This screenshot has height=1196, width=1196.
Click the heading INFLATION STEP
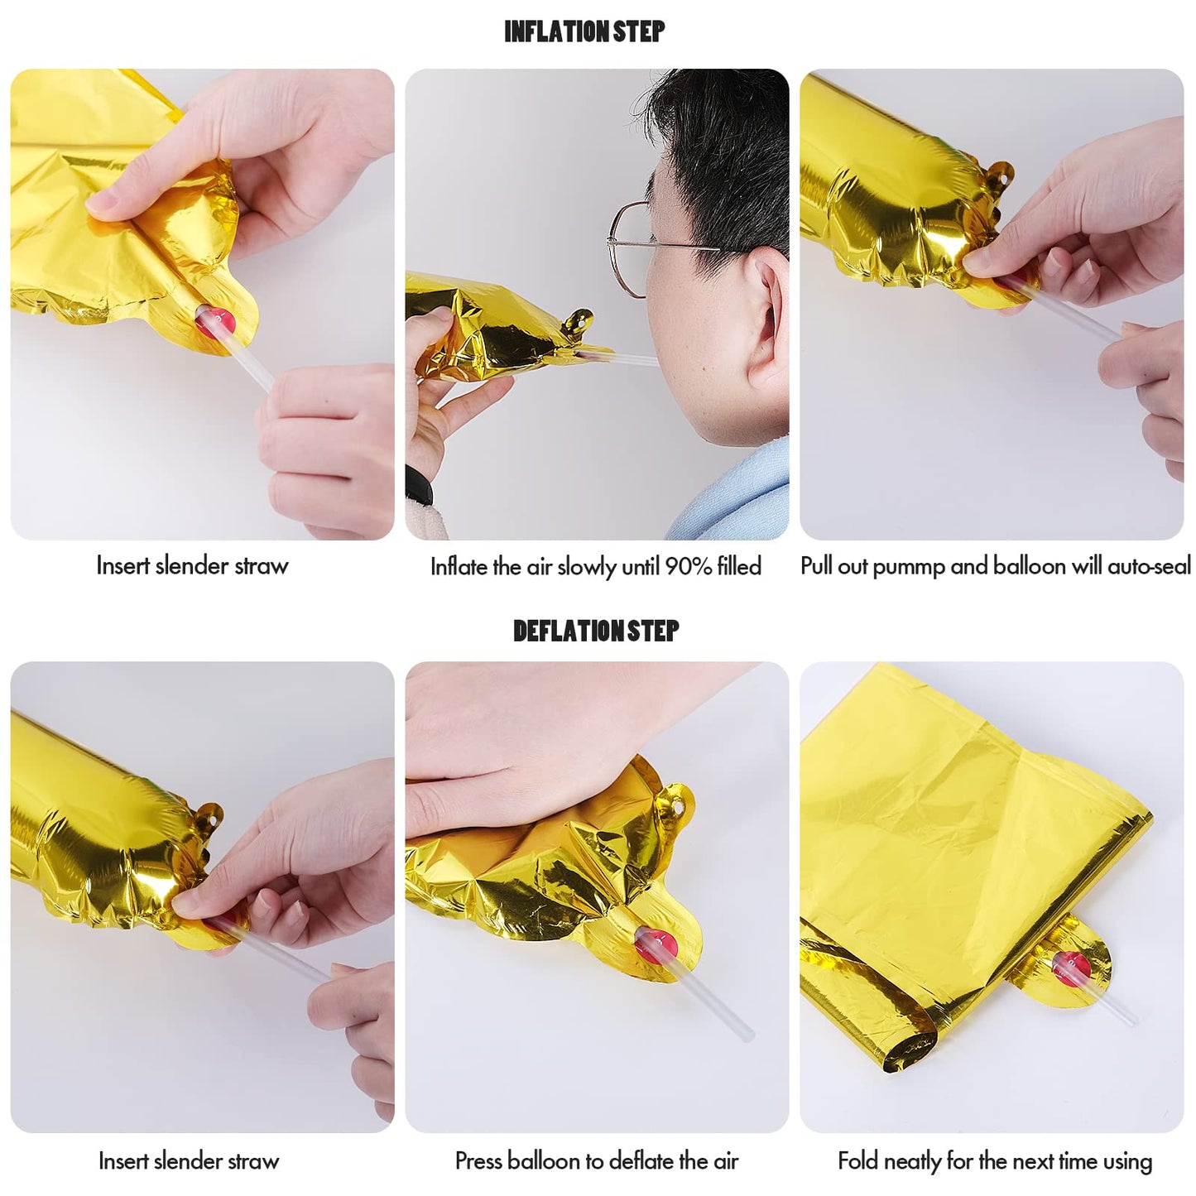[x=584, y=31]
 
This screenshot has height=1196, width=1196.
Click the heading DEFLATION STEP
[x=596, y=631]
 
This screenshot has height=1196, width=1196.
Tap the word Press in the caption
[x=478, y=1160]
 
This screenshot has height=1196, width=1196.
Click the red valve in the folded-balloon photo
[x=1070, y=968]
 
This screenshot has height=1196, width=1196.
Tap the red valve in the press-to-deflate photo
[x=656, y=944]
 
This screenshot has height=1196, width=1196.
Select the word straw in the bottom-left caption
[x=256, y=1160]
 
